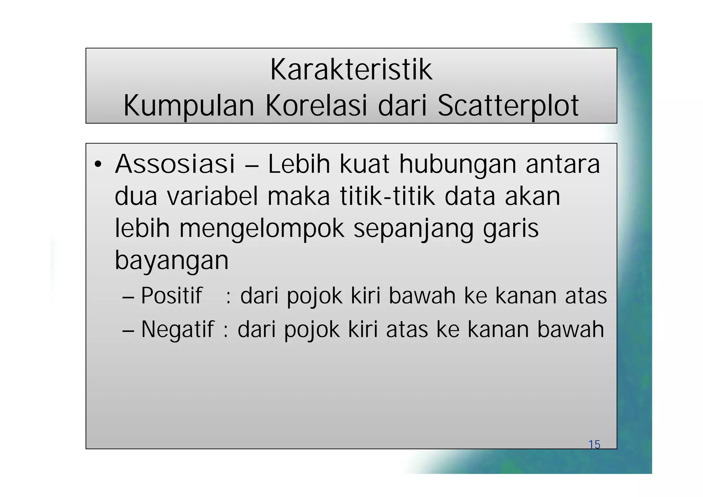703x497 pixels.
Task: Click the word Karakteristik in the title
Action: [351, 70]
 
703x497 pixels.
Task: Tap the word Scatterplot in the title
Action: [508, 106]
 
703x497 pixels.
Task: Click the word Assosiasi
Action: [175, 164]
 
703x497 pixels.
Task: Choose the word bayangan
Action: [172, 261]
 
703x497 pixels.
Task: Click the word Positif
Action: [171, 296]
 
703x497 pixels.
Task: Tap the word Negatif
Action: [177, 329]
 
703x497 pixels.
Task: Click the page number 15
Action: [594, 444]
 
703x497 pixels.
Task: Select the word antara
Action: [563, 164]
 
